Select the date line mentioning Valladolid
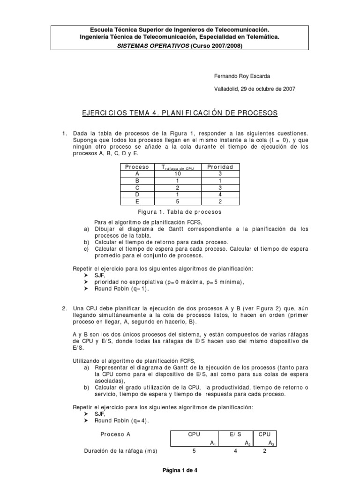coord(255,89)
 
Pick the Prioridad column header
coord(220,167)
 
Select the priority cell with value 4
coord(220,194)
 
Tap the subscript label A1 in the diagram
coord(212,443)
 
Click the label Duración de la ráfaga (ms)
coord(120,451)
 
